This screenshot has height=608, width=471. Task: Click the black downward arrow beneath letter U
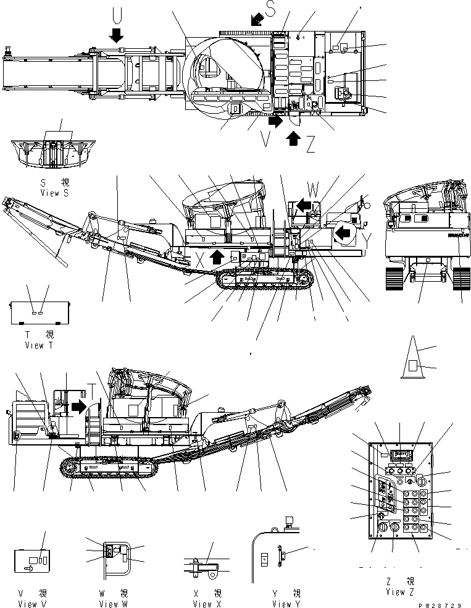115,35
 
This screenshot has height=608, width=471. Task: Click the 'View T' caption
39,345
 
